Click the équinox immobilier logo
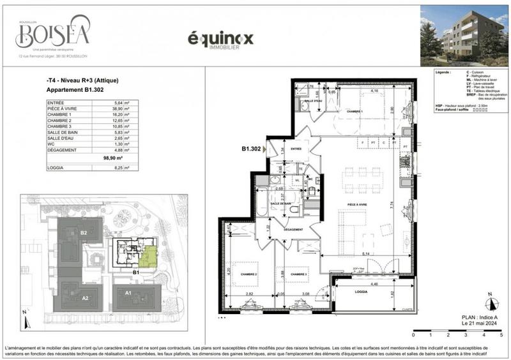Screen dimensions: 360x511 coord(220,40)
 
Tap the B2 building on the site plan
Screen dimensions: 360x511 coord(84,233)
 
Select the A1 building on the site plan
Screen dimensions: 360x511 coord(127,293)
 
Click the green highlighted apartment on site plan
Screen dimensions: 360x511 coord(148,257)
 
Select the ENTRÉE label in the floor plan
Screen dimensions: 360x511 coord(296,148)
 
